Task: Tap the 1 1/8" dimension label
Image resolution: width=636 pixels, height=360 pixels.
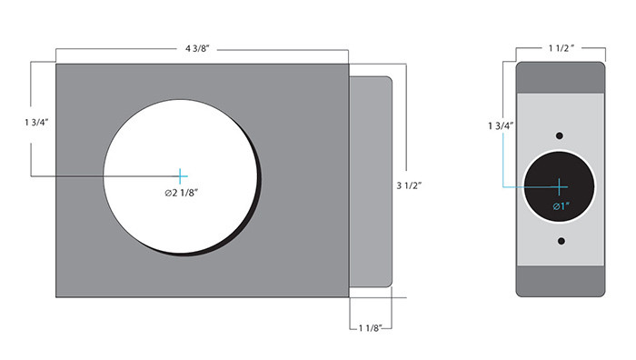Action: click(x=372, y=326)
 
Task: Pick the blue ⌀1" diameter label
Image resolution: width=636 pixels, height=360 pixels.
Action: click(x=561, y=207)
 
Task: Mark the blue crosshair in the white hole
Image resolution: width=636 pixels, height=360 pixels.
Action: click(x=182, y=175)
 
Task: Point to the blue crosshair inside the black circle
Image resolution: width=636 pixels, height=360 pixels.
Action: click(x=560, y=185)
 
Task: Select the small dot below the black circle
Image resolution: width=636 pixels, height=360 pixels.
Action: click(x=561, y=241)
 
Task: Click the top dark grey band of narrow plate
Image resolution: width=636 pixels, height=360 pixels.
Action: click(x=561, y=77)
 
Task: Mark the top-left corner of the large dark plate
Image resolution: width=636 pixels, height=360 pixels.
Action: click(x=57, y=64)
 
